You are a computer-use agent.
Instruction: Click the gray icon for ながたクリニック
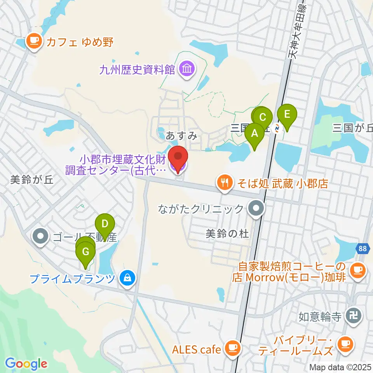click(x=256, y=209)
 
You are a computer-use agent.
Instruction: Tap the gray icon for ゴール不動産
click(x=41, y=236)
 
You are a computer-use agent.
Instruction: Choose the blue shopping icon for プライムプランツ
click(x=127, y=278)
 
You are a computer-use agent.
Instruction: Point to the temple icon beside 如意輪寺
click(x=354, y=315)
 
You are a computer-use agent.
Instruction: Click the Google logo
click(x=26, y=364)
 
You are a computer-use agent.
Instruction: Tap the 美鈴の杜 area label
click(x=227, y=234)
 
